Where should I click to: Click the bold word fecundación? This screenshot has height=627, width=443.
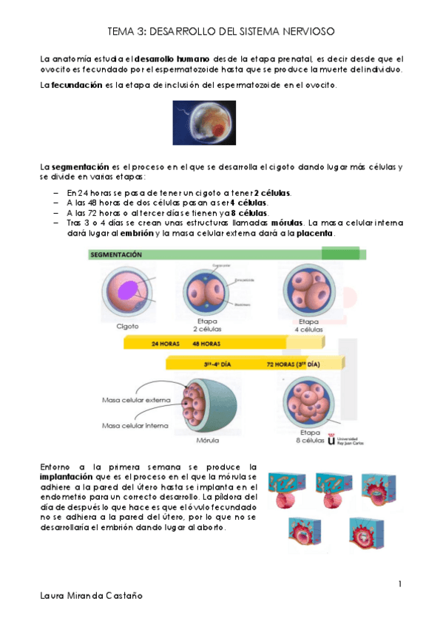click(76, 85)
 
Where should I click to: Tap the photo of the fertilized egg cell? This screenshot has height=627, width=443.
click(203, 123)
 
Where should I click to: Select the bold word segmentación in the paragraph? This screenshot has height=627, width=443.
click(80, 167)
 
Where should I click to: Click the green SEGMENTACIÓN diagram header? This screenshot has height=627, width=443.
click(116, 254)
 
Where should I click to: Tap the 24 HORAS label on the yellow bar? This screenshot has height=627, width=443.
click(165, 344)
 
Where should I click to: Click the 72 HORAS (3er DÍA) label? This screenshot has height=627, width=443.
click(294, 364)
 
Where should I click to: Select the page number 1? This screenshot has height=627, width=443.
click(399, 584)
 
